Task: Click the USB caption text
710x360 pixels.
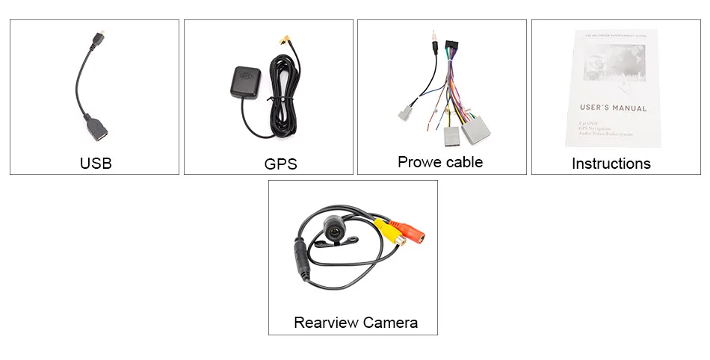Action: point(96,163)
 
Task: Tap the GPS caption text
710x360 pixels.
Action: point(280,164)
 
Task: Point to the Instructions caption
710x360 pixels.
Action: point(611,164)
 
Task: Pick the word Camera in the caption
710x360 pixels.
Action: point(390,323)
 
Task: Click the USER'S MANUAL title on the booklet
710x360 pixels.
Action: point(613,108)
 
